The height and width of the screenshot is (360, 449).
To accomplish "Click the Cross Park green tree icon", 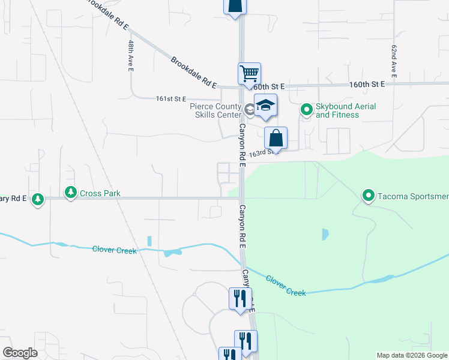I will pyautogui.click(x=71, y=193).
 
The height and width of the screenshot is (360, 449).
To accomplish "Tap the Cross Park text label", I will pyautogui.click(x=101, y=193).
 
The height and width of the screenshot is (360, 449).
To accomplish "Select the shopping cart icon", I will pyautogui.click(x=249, y=74).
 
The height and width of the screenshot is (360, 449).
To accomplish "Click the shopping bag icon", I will pyautogui.click(x=276, y=137).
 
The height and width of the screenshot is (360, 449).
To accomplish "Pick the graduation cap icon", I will pyautogui.click(x=265, y=106).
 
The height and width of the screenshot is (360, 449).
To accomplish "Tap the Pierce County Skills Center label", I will pyautogui.click(x=215, y=110).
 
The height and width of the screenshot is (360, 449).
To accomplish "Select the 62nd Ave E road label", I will pyautogui.click(x=394, y=60).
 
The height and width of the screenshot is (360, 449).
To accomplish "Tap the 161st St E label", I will pyautogui.click(x=171, y=98).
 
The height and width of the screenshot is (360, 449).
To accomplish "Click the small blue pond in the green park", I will pyautogui.click(x=325, y=234).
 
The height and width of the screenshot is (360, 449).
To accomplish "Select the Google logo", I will pyautogui.click(x=20, y=353).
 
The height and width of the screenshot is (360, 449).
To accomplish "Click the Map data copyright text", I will pyautogui.click(x=411, y=355).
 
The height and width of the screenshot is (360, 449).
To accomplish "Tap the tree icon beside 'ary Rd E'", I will pyautogui.click(x=38, y=199).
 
